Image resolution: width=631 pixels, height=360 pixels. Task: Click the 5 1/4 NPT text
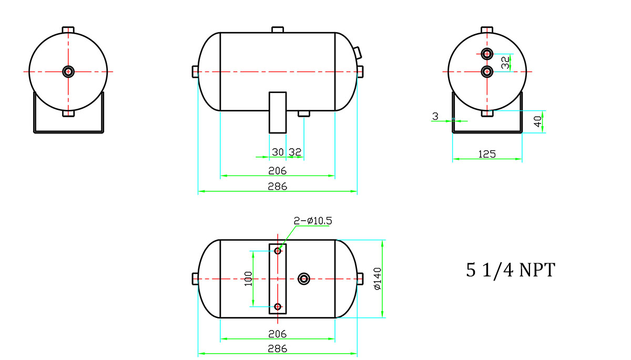511,270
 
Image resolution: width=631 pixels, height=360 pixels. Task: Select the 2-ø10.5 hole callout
313,221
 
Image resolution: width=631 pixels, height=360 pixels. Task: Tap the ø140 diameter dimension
377,279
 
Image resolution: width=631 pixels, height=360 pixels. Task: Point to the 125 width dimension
487,154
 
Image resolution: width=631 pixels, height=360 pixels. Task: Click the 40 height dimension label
538,121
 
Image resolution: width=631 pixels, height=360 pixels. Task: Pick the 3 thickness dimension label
435,116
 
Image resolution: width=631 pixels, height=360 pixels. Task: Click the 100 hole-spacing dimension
248,279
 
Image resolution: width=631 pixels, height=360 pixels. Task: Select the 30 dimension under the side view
278,152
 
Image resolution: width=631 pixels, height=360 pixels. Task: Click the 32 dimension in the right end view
506,63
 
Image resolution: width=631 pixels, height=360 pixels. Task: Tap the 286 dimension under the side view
278,187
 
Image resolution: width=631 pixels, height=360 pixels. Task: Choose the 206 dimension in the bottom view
278,334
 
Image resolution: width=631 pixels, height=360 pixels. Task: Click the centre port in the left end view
68,71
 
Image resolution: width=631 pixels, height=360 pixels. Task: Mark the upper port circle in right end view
487,54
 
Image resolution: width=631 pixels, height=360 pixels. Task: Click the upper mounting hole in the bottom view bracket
278,251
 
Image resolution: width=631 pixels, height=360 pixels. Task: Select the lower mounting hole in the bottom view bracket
278,306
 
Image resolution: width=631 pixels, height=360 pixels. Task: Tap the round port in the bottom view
304,279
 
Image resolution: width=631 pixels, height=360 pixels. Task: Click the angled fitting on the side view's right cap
358,53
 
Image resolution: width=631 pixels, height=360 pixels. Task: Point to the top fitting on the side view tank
278,29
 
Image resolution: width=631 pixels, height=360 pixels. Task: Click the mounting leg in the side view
278,112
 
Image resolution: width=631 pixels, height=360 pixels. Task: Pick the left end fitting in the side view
195,71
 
